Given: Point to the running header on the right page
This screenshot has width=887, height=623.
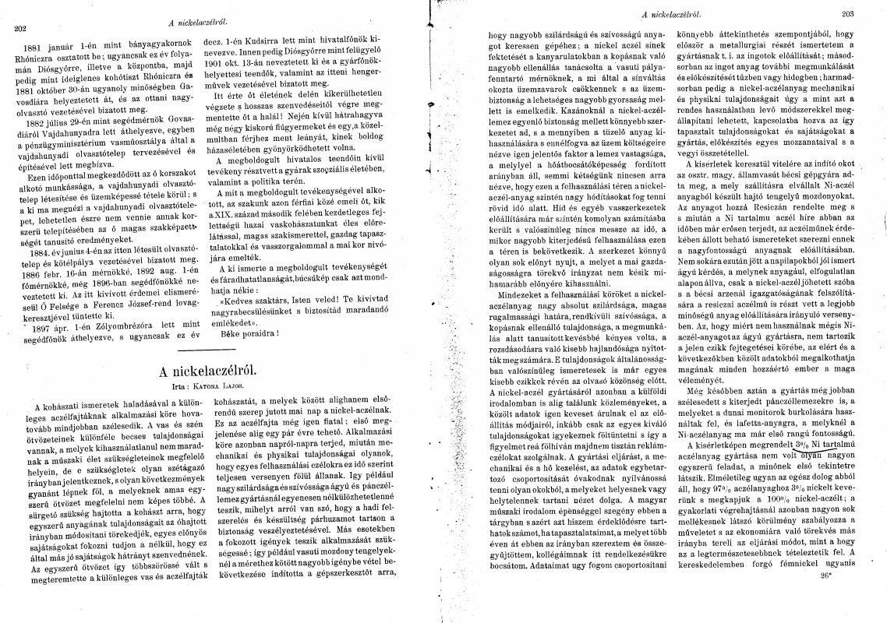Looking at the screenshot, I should tap(670, 13).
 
